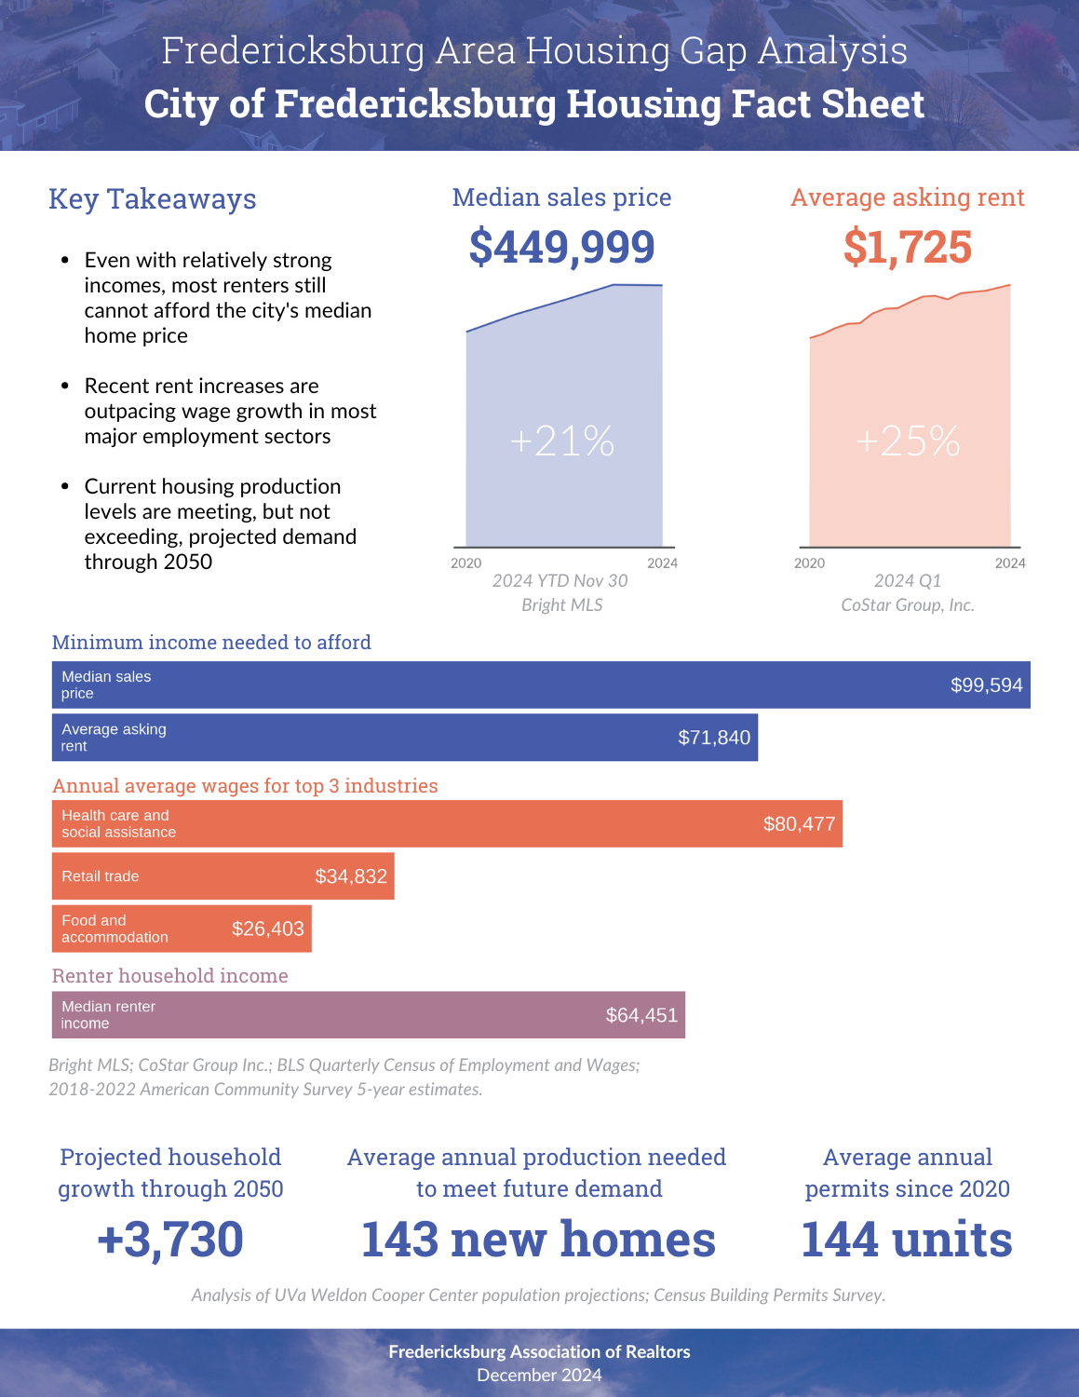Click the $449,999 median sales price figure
tap(561, 248)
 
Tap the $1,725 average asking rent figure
tap(908, 248)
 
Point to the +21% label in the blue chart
tap(562, 441)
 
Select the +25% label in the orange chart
tap(908, 441)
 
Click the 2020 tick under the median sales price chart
tap(465, 563)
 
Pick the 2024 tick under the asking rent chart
tap(1010, 563)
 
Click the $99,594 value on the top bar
tap(987, 685)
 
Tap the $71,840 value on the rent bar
tap(714, 738)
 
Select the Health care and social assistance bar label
tap(118, 823)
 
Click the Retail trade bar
tap(223, 876)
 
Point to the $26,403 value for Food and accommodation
tap(268, 929)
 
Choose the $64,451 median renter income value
tap(641, 1015)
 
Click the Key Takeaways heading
tap(153, 199)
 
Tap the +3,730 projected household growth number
tap(170, 1241)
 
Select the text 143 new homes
tap(538, 1240)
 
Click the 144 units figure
tap(907, 1240)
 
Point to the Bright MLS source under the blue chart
tap(562, 605)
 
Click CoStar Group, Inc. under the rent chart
tap(908, 605)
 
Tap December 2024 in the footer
tap(539, 1376)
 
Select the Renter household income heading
tap(169, 976)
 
